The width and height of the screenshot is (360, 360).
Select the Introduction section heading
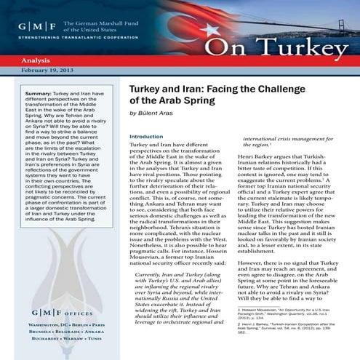tap(146, 136)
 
